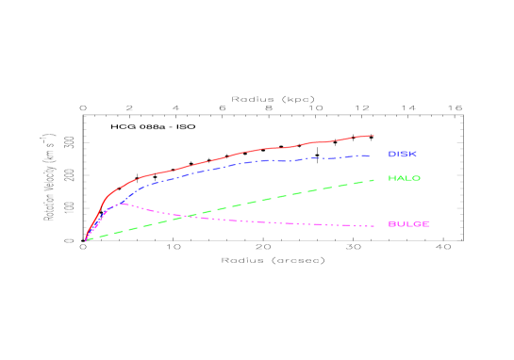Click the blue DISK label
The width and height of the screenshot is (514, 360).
pyautogui.click(x=402, y=154)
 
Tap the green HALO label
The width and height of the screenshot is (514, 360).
pyautogui.click(x=405, y=178)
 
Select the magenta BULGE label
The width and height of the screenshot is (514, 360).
pyautogui.click(x=408, y=224)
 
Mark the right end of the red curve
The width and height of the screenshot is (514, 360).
pyautogui.click(x=373, y=136)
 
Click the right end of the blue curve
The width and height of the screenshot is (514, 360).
pyautogui.click(x=369, y=155)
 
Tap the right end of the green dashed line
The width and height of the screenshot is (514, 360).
pyautogui.click(x=375, y=179)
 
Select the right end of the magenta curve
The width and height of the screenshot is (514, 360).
pyautogui.click(x=375, y=226)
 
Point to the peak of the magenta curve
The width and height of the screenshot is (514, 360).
pyautogui.click(x=123, y=204)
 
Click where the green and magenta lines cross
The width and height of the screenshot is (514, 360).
pyautogui.click(x=188, y=217)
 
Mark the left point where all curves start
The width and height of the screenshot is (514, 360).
pyautogui.click(x=86, y=239)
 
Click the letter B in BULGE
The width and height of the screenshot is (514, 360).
pyautogui.click(x=391, y=224)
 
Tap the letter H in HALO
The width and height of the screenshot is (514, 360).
pyautogui.click(x=391, y=178)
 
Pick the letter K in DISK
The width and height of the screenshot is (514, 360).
pyautogui.click(x=413, y=154)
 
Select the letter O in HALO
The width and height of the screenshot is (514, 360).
pyautogui.click(x=417, y=178)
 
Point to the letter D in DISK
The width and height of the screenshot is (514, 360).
pyautogui.click(x=391, y=154)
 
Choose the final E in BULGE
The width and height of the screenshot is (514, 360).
pyautogui.click(x=426, y=224)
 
